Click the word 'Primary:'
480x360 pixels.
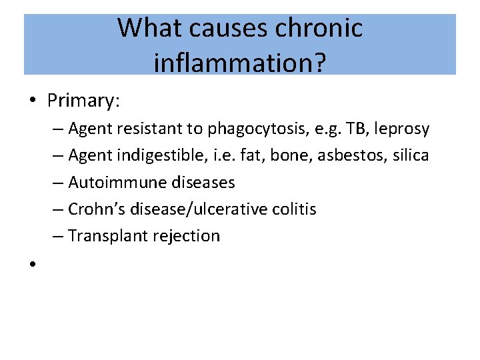(x=83, y=101)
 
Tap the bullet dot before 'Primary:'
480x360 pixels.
(x=32, y=101)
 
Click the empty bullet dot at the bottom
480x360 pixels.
(x=32, y=264)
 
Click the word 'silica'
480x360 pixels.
(x=412, y=155)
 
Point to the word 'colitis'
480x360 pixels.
(x=294, y=209)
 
